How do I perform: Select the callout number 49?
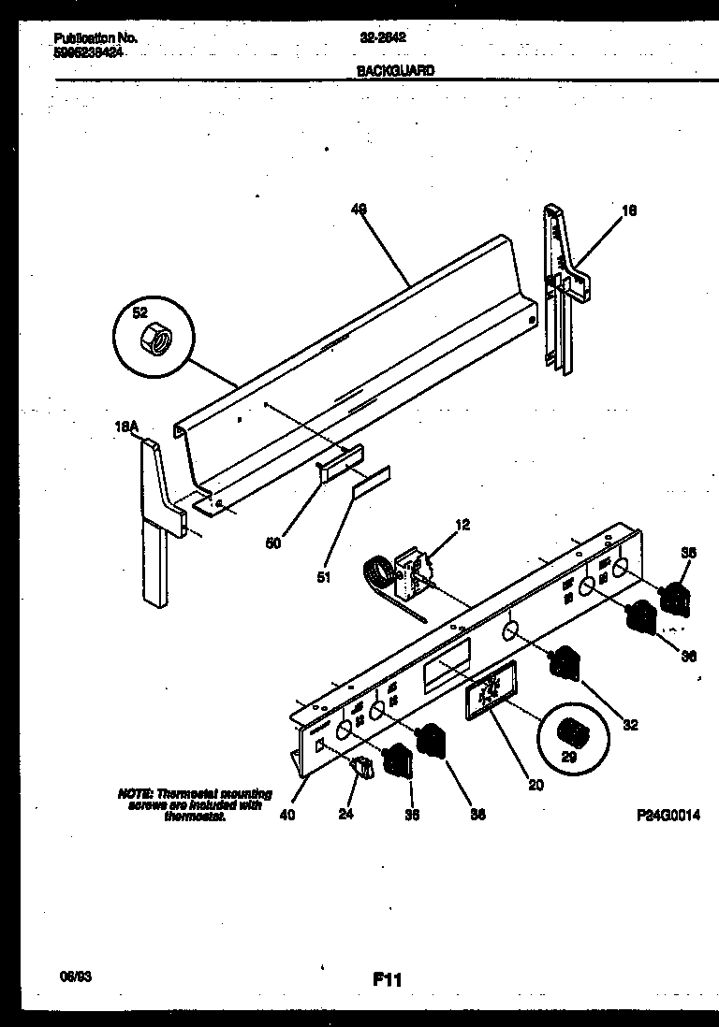(x=358, y=210)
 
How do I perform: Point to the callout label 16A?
(x=126, y=428)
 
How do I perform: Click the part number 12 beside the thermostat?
(x=462, y=525)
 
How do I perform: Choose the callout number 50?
(x=273, y=542)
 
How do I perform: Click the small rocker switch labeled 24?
(x=361, y=768)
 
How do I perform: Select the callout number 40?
(x=287, y=814)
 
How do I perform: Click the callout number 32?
(x=630, y=724)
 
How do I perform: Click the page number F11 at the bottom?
(x=387, y=979)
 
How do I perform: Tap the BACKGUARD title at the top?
(x=395, y=69)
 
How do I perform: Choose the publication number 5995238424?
(x=89, y=53)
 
